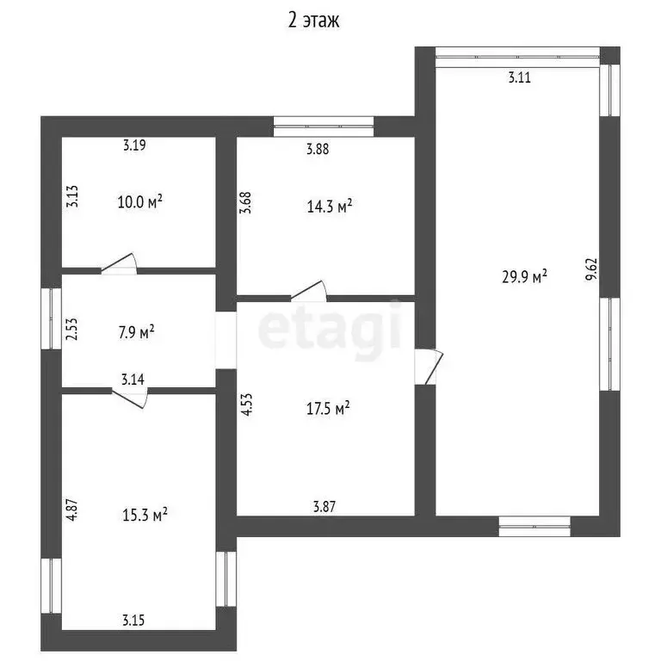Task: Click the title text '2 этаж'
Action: click(313, 21)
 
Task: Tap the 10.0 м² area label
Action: click(140, 201)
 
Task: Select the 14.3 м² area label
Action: click(330, 207)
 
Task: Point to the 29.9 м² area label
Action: click(524, 276)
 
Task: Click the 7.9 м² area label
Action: click(136, 331)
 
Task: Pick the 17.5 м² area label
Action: click(328, 408)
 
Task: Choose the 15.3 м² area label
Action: click(145, 515)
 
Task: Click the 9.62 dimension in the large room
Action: click(591, 269)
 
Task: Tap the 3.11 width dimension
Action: click(519, 77)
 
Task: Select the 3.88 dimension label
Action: click(318, 149)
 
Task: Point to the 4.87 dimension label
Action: click(72, 510)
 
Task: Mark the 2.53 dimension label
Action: click(72, 329)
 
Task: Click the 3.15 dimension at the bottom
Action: click(133, 620)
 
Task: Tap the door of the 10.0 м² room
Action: click(119, 264)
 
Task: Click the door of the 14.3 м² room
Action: click(309, 292)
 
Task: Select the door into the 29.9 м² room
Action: click(429, 367)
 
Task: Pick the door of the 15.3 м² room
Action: click(129, 398)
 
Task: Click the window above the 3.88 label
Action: click(324, 126)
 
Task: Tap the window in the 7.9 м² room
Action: click(52, 318)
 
